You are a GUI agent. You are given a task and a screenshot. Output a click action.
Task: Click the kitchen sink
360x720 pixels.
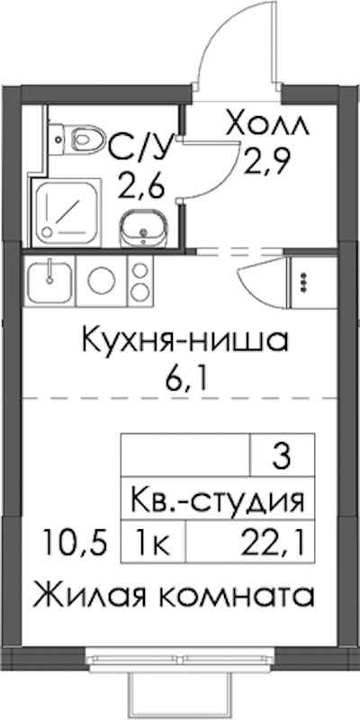pyautogui.click(x=49, y=281)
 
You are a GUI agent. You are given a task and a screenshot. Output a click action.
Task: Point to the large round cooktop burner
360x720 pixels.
pyautogui.click(x=102, y=281)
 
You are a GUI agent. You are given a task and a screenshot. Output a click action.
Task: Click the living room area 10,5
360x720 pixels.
pyautogui.click(x=74, y=543)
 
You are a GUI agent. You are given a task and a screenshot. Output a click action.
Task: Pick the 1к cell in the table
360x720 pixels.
pyautogui.click(x=153, y=543)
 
